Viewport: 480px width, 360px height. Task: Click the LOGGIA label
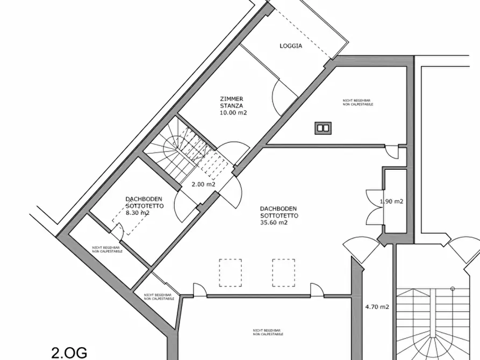pyautogui.click(x=291, y=46)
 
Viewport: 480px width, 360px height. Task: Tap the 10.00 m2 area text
pyautogui.click(x=233, y=112)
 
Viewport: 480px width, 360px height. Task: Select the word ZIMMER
pyautogui.click(x=232, y=99)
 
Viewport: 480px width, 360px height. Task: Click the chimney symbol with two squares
pyautogui.click(x=324, y=128)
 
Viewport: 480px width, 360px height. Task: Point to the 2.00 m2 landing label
pyautogui.click(x=204, y=184)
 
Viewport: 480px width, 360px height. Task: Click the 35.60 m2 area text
pyautogui.click(x=274, y=222)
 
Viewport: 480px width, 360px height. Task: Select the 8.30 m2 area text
pyautogui.click(x=138, y=213)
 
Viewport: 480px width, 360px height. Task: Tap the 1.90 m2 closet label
pyautogui.click(x=392, y=201)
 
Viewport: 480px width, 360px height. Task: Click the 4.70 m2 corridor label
pyautogui.click(x=376, y=307)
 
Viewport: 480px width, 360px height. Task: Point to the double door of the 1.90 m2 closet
pyautogui.click(x=372, y=207)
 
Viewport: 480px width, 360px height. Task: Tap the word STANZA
pyautogui.click(x=232, y=105)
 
